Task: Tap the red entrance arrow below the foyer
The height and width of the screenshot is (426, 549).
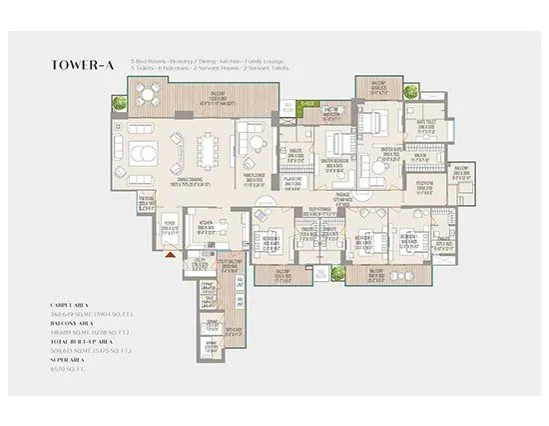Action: pos(172,253)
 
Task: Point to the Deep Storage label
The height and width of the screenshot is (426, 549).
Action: pos(321,208)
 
